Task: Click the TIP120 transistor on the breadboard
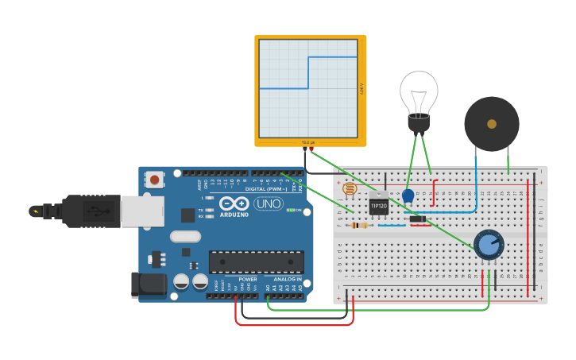[379, 205]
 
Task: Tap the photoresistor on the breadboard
[348, 189]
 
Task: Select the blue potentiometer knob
[488, 244]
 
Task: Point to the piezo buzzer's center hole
[492, 124]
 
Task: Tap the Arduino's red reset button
[154, 180]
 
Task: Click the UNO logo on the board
[268, 203]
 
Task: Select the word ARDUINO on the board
[234, 215]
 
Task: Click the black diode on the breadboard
[417, 219]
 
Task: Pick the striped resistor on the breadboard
[360, 225]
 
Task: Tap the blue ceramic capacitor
[408, 195]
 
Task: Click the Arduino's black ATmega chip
[256, 261]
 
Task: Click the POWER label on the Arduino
[248, 280]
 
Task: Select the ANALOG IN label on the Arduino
[288, 280]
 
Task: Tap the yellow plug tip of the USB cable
[35, 211]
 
